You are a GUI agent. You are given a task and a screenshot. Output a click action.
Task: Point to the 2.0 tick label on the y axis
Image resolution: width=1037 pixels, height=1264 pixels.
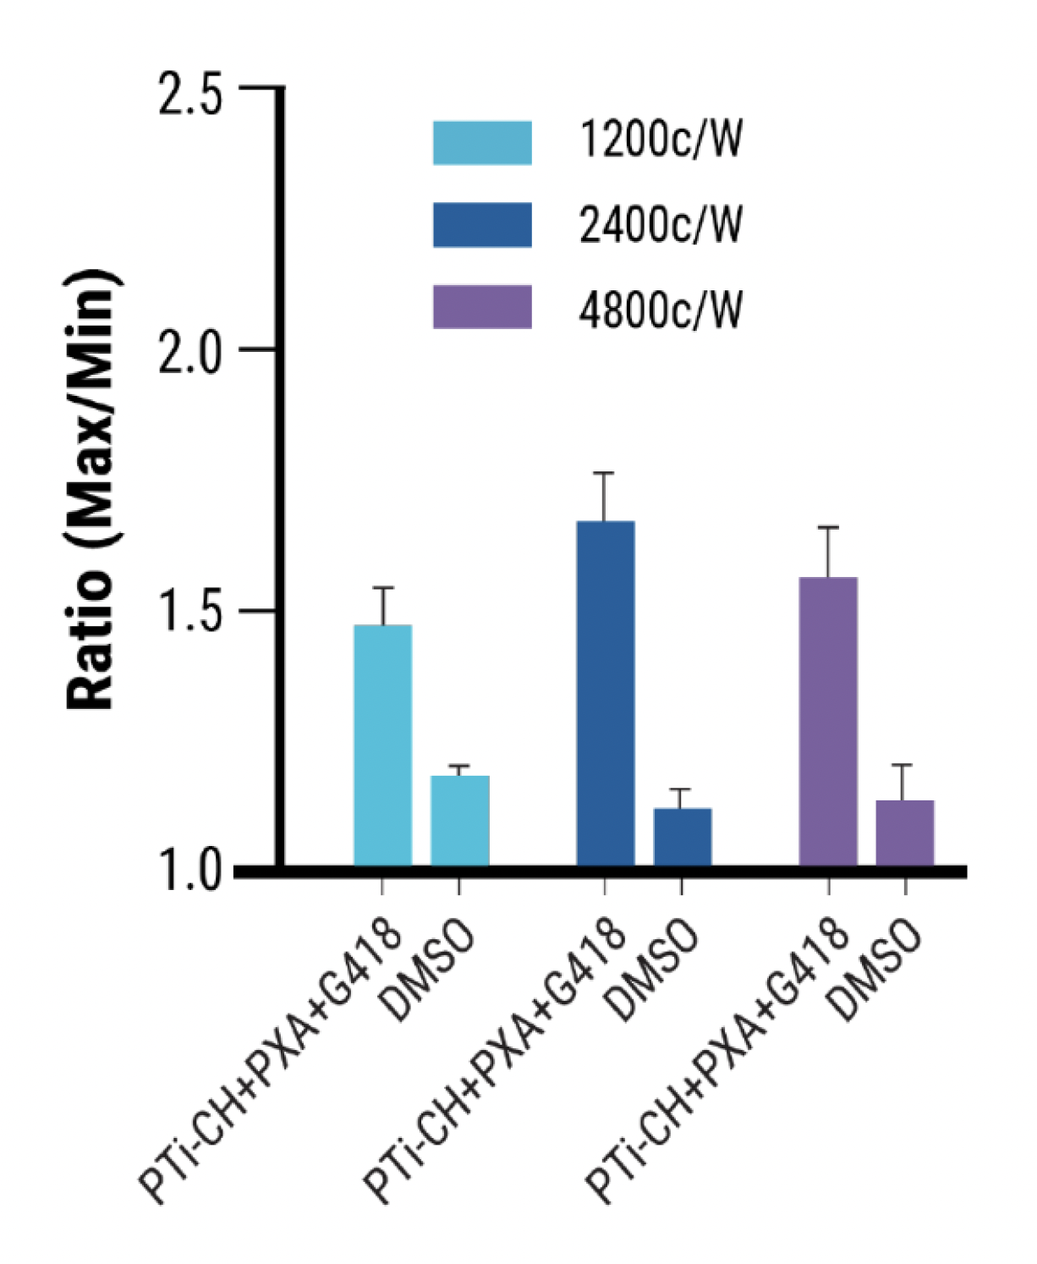(x=189, y=350)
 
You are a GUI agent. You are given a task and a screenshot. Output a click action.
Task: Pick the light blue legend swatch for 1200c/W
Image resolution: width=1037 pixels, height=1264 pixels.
(x=482, y=142)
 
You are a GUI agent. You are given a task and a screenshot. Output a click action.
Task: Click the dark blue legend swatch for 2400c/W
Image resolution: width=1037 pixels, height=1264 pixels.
(x=482, y=225)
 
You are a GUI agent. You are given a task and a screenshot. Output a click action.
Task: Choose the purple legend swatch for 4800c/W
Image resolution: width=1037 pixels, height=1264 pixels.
(x=482, y=307)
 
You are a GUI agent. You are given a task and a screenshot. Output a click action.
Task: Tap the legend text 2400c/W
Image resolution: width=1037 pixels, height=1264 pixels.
(x=661, y=225)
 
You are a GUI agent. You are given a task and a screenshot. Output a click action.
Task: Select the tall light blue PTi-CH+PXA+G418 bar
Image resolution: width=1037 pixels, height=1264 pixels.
(x=383, y=745)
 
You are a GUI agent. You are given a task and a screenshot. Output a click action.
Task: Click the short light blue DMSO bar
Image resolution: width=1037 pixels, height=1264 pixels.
(x=459, y=820)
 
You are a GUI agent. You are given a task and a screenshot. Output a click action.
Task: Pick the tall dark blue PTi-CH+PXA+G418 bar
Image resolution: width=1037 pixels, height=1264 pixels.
(x=605, y=694)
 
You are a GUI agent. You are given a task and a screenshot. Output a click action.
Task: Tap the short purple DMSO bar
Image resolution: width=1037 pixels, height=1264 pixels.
(x=904, y=833)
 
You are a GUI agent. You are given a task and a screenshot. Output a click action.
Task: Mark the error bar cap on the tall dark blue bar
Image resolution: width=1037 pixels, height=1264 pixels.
(x=604, y=473)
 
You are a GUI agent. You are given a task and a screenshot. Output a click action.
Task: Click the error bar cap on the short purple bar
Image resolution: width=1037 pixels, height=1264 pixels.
(x=903, y=765)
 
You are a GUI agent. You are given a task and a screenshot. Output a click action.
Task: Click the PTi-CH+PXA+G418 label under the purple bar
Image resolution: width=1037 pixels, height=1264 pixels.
(x=719, y=1058)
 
